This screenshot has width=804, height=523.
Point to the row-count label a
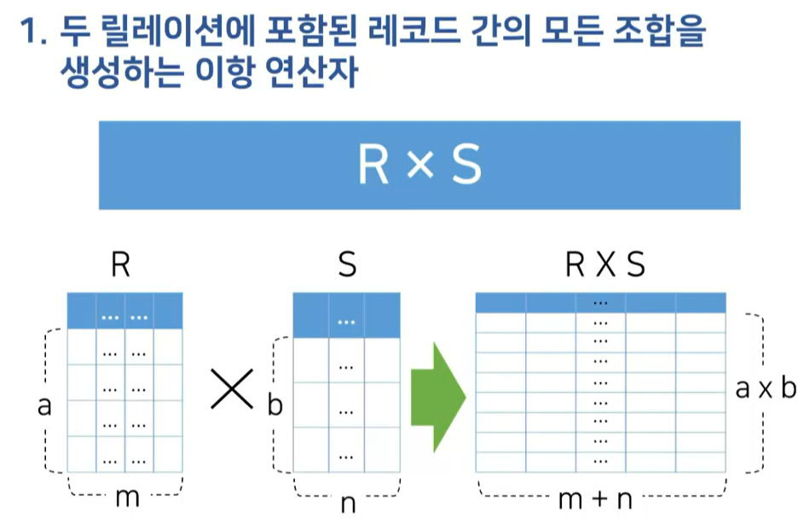point(44,407)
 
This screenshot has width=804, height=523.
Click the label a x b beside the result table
point(765,389)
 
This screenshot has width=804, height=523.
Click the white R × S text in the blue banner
point(419,166)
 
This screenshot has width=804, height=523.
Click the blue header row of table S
point(345,315)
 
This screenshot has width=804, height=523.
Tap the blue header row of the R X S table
point(600,302)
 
